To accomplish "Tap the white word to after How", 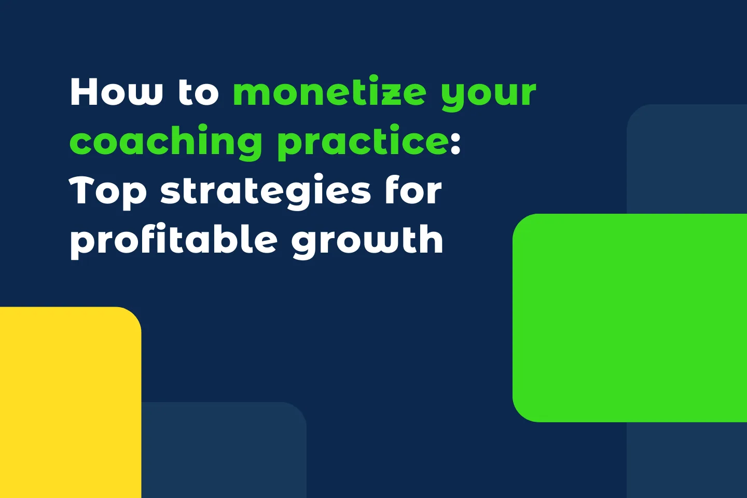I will [199, 92].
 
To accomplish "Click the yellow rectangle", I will [67, 405].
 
